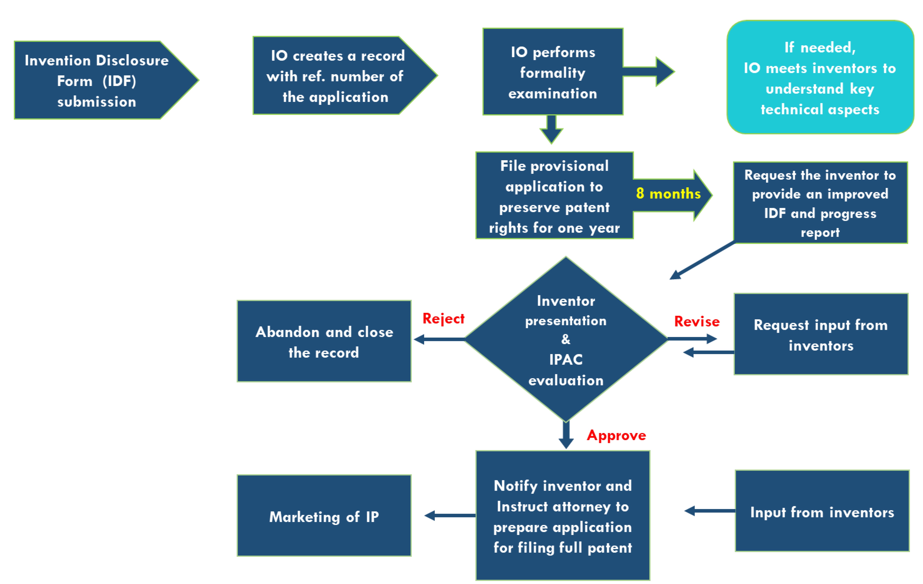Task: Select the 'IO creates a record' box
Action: (x=335, y=76)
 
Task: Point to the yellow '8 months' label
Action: (x=668, y=194)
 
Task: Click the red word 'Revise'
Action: (x=696, y=321)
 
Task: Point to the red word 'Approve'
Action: (x=616, y=435)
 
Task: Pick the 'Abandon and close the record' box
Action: (x=324, y=341)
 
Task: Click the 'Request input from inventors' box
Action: (x=821, y=335)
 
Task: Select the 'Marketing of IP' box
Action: (x=324, y=516)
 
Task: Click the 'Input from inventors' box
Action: (x=822, y=511)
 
